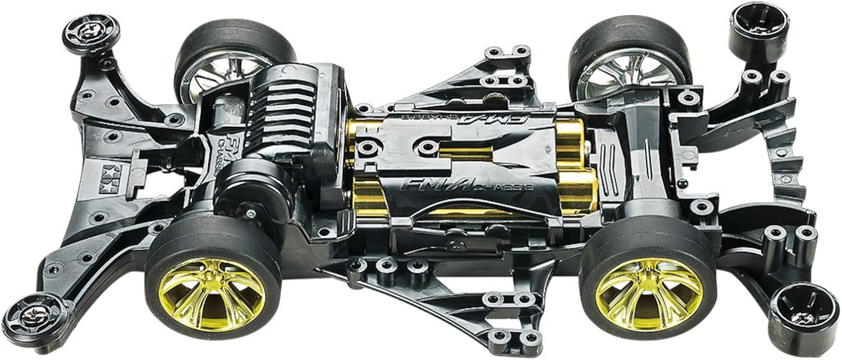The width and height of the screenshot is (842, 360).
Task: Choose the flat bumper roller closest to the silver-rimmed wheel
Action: tap(90, 31)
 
